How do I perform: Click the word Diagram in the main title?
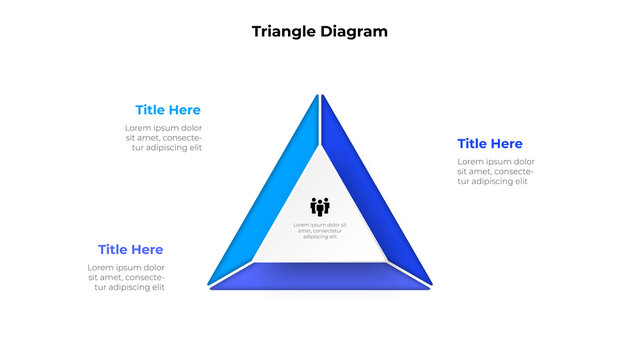click(x=354, y=31)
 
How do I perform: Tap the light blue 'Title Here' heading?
click(x=168, y=110)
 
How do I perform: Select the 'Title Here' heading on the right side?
click(x=490, y=144)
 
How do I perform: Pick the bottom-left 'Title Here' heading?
click(x=130, y=249)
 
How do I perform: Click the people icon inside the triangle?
click(x=320, y=207)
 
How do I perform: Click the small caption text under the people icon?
click(x=320, y=231)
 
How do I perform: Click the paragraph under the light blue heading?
click(x=163, y=138)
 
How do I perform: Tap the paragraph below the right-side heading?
click(x=496, y=171)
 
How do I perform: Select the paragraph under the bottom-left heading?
click(x=126, y=277)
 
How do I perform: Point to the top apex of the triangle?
click(x=320, y=97)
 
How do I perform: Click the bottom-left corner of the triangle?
click(x=213, y=287)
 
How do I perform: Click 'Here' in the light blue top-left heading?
click(x=184, y=110)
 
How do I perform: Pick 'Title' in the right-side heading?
click(x=473, y=144)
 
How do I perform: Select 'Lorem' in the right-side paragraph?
click(x=473, y=161)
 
